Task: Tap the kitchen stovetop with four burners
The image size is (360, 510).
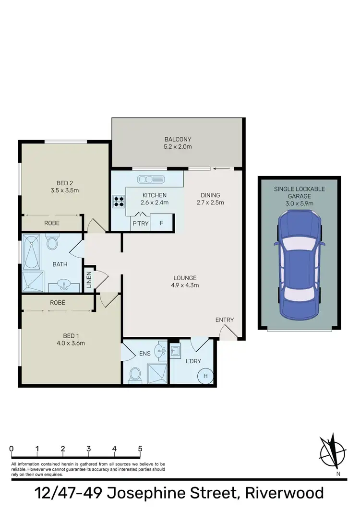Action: pyautogui.click(x=119, y=201)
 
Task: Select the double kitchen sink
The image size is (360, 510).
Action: pyautogui.click(x=150, y=179)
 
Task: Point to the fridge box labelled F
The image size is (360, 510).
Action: pyautogui.click(x=161, y=223)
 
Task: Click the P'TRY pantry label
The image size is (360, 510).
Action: pyautogui.click(x=140, y=223)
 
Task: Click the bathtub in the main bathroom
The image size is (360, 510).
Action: pyautogui.click(x=32, y=251)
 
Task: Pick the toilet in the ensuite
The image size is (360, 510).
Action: pyautogui.click(x=135, y=374)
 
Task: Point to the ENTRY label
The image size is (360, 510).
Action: pyautogui.click(x=224, y=320)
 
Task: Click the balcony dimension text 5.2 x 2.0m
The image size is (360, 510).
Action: pyautogui.click(x=178, y=147)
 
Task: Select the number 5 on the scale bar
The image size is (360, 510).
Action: pyautogui.click(x=140, y=449)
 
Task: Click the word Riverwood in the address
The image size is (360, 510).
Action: pyautogui.click(x=285, y=494)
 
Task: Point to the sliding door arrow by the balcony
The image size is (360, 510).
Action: pyautogui.click(x=222, y=168)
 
